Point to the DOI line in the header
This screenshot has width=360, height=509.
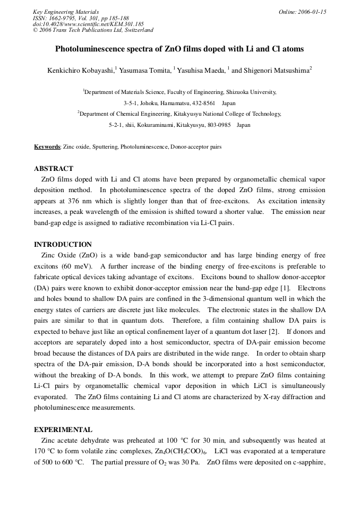[x=88, y=24]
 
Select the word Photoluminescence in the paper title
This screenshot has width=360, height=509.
[x=90, y=49]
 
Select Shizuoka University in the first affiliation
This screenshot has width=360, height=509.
[x=253, y=92]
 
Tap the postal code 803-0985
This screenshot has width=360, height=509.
[x=218, y=125]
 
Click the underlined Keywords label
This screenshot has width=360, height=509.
[x=47, y=146]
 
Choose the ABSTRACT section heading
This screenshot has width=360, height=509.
[x=54, y=169]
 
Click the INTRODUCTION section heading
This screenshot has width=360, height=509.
[x=63, y=245]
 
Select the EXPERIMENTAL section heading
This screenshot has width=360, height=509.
[x=63, y=430]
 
